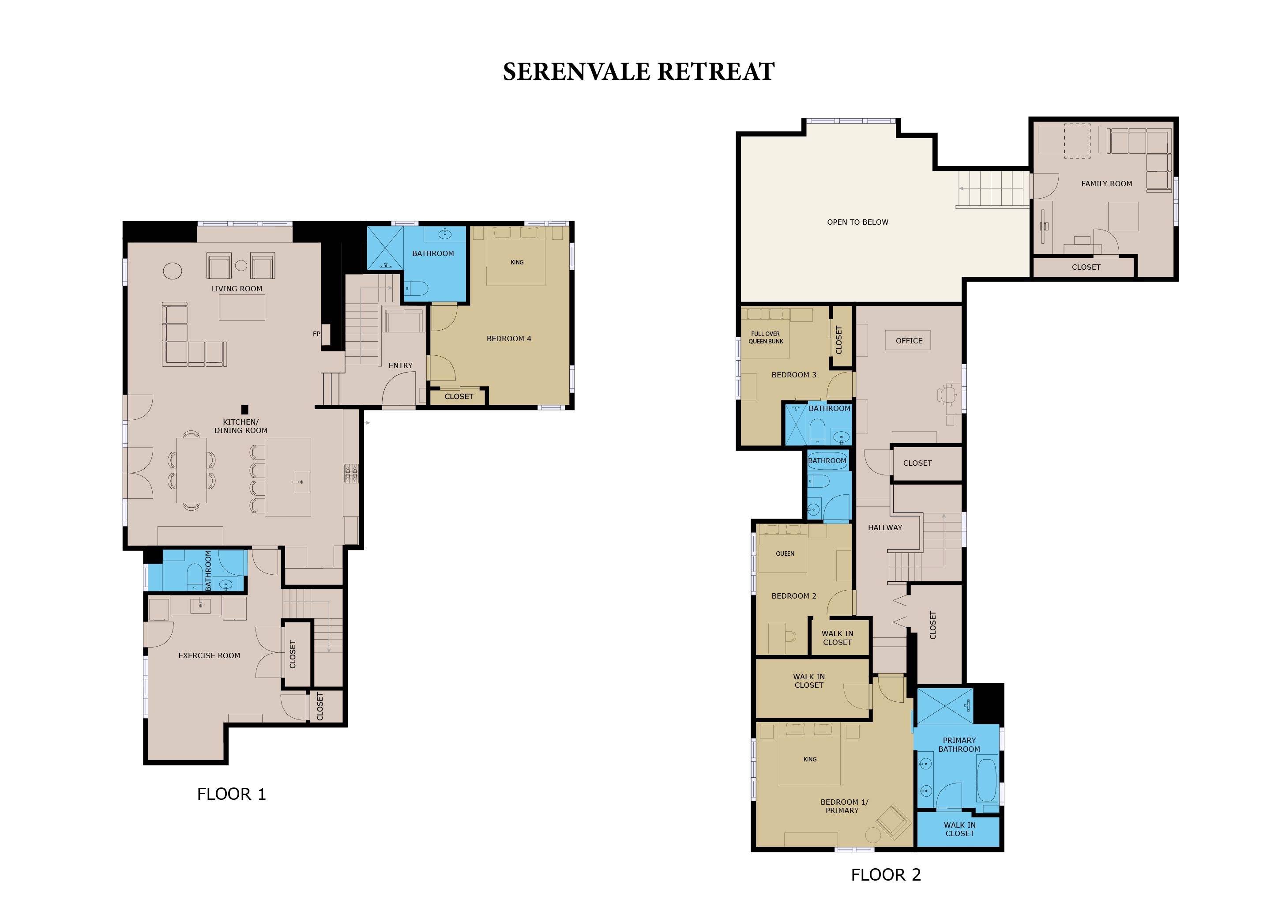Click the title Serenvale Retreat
click(x=639, y=71)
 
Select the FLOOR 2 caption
click(x=886, y=875)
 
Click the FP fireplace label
click(x=316, y=334)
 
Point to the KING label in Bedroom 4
click(x=517, y=262)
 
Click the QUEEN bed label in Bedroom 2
click(x=785, y=554)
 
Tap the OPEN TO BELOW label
click(x=858, y=222)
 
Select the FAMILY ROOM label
click(x=1107, y=184)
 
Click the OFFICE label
click(x=909, y=341)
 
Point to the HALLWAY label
click(x=885, y=527)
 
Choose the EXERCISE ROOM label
click(x=209, y=656)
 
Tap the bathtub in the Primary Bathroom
click(x=987, y=780)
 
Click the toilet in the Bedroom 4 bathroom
click(x=416, y=288)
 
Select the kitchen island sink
click(x=301, y=482)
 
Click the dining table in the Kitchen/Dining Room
click(x=192, y=471)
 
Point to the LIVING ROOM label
click(x=237, y=289)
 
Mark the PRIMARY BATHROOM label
click(x=959, y=745)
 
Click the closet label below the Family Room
click(x=1086, y=267)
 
